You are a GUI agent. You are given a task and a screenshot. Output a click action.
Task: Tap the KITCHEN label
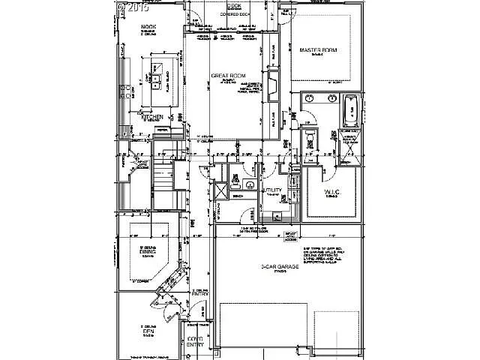(152, 118)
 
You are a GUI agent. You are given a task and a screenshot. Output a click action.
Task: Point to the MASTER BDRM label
(318, 50)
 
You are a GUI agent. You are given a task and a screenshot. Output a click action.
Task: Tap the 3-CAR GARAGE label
(281, 266)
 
